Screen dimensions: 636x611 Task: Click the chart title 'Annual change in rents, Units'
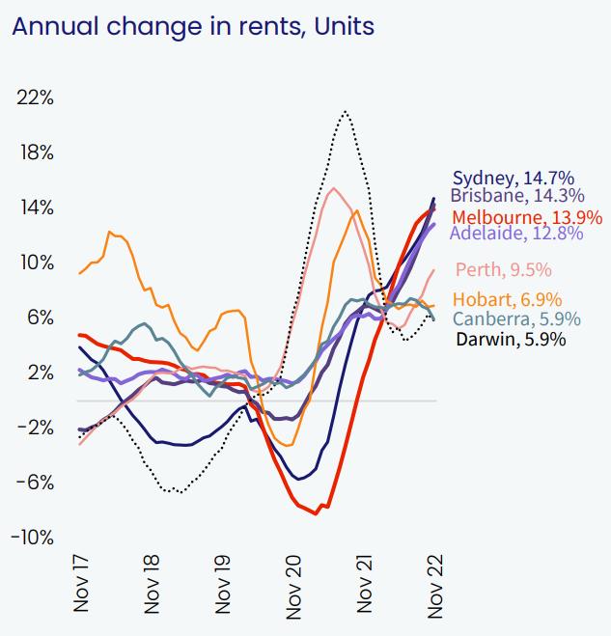(192, 27)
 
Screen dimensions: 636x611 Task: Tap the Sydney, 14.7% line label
(514, 178)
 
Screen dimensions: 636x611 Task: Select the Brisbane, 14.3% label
(516, 196)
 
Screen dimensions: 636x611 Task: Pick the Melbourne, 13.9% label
(527, 216)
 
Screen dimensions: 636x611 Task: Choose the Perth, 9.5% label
(503, 269)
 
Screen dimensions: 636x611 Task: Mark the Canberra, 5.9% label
(517, 319)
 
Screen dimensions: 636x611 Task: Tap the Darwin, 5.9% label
(511, 339)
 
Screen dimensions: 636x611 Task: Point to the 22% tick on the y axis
(34, 98)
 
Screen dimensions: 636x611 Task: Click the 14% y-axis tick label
(34, 208)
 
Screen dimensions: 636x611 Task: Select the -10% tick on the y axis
(33, 538)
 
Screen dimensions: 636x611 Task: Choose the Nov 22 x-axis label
(435, 583)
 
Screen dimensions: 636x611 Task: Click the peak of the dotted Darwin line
(344, 112)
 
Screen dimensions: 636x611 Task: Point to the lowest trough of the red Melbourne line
(316, 513)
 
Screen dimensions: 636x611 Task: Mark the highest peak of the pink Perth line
(333, 188)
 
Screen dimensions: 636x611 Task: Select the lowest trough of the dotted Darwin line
(172, 492)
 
